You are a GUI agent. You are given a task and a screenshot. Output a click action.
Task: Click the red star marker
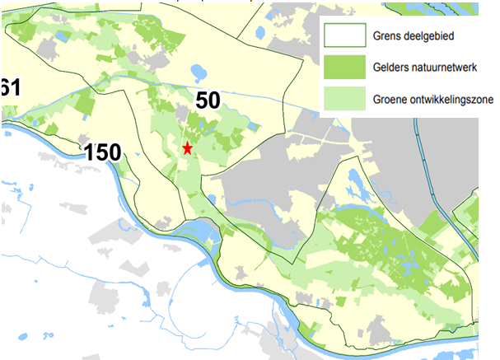pos(188,148)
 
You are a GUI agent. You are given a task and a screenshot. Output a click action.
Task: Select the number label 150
pos(102,152)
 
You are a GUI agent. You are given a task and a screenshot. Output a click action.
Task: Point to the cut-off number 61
pos(9,87)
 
